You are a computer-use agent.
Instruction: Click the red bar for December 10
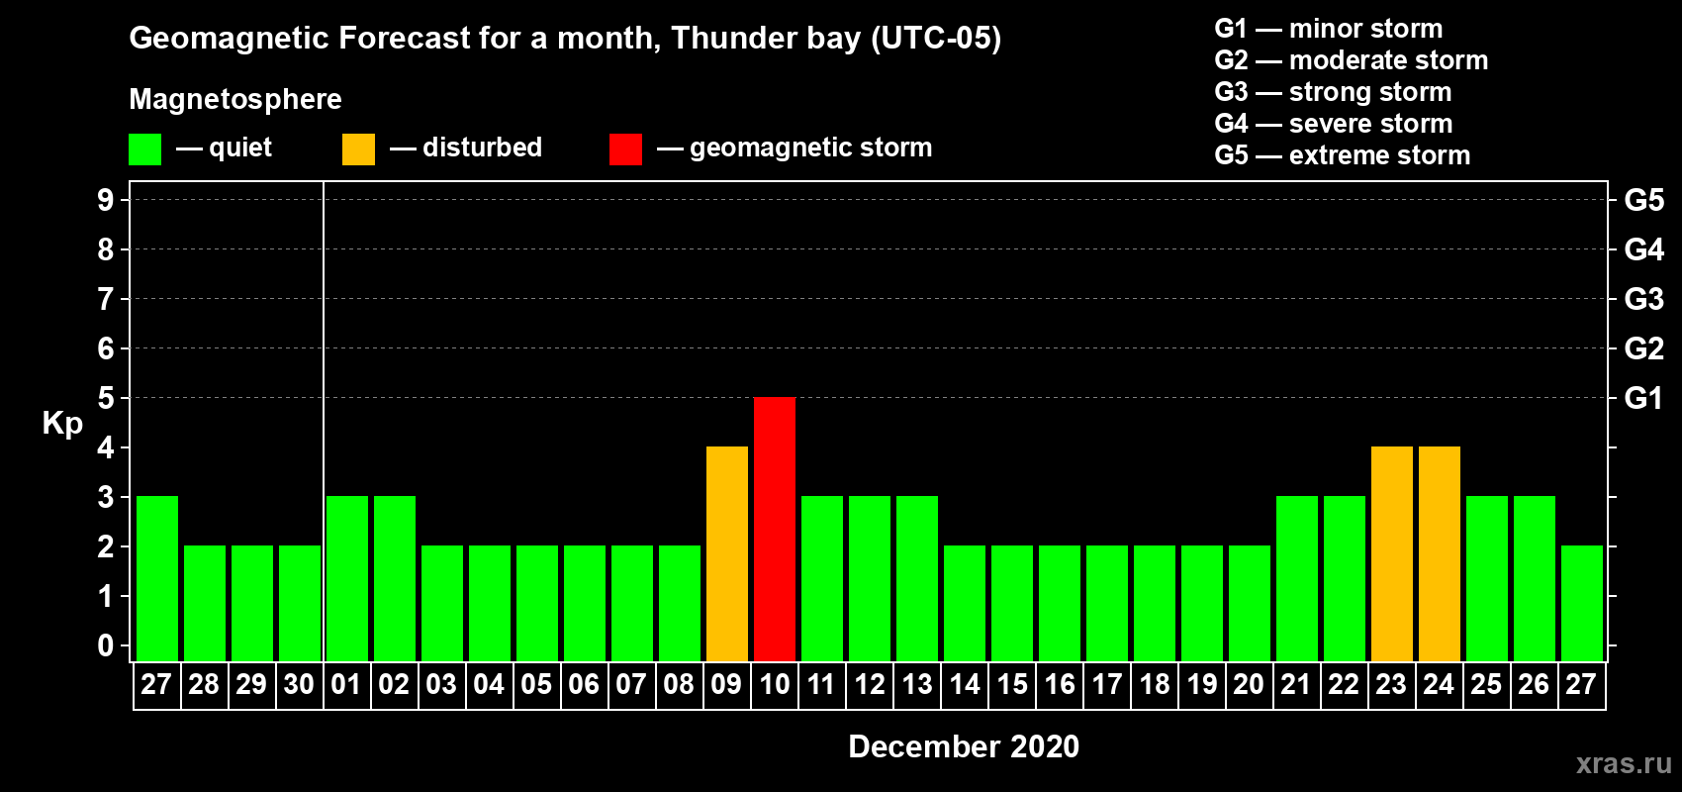coord(774,529)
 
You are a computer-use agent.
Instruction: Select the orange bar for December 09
coord(727,553)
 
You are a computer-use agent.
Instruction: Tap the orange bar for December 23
coord(1391,553)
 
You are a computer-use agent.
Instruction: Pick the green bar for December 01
coord(347,578)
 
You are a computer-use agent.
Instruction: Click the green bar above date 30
coord(300,603)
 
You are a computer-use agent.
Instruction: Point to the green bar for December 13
coord(917,578)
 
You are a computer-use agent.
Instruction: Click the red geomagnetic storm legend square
coord(625,148)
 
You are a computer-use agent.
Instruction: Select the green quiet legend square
coord(144,148)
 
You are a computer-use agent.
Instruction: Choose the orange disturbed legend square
coord(358,148)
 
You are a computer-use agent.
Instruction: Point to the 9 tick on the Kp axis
coord(105,200)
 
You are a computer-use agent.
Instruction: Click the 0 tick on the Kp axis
coord(105,645)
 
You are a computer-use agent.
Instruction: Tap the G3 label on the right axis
coord(1643,299)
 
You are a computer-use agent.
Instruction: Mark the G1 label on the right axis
coord(1643,398)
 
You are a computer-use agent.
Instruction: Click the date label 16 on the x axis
coord(1060,684)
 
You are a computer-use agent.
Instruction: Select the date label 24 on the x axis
coord(1439,684)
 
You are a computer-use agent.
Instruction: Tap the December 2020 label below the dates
coord(964,746)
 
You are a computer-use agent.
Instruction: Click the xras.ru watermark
coord(1624,764)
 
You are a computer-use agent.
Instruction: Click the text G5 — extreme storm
coord(1342,155)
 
